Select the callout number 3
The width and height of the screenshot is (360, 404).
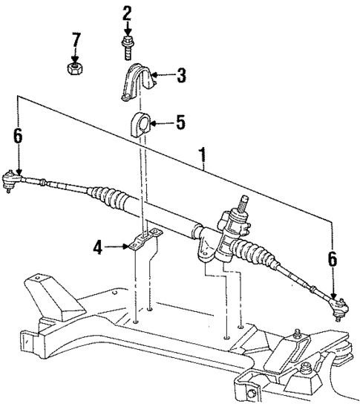[180, 75]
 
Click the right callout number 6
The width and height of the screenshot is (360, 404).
[332, 259]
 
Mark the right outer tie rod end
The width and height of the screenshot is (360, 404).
[338, 303]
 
